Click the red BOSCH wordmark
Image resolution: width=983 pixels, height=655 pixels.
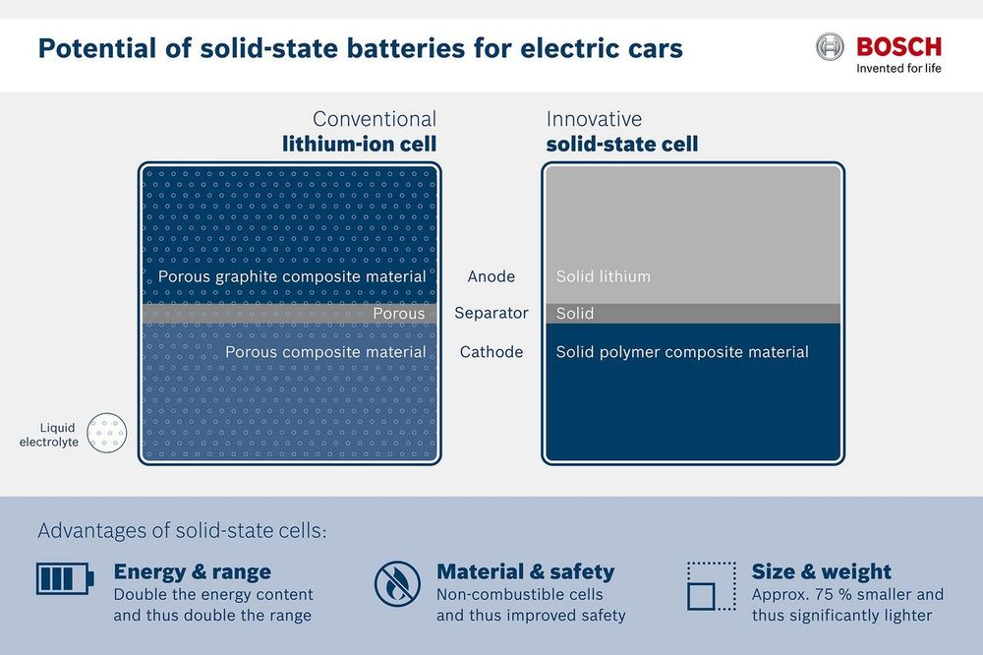click(x=898, y=47)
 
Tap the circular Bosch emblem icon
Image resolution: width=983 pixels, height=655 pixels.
click(x=830, y=47)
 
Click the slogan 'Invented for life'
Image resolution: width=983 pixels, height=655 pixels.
click(x=898, y=69)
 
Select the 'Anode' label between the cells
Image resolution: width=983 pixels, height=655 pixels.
click(x=491, y=276)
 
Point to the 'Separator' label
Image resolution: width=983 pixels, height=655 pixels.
click(x=491, y=313)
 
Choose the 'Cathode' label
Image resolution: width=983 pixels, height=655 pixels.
click(x=491, y=352)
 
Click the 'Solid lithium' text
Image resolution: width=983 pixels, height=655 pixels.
click(x=604, y=276)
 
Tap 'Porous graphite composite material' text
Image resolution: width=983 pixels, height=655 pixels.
click(x=292, y=276)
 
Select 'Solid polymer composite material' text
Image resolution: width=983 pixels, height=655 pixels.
click(x=682, y=352)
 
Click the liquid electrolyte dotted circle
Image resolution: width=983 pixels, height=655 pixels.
click(x=106, y=433)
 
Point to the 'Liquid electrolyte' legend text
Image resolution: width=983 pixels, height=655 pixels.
click(x=48, y=435)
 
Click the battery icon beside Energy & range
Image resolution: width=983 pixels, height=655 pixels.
click(x=65, y=578)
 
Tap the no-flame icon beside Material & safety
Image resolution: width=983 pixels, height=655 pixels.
click(x=397, y=583)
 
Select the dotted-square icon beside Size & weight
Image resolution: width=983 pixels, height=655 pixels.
click(x=712, y=586)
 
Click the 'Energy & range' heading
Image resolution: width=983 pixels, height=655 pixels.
click(x=193, y=571)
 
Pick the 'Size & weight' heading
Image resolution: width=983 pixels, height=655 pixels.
click(x=821, y=571)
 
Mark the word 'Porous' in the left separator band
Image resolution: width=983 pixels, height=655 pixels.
click(x=399, y=313)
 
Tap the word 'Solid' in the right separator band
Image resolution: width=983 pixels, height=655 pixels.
click(x=575, y=313)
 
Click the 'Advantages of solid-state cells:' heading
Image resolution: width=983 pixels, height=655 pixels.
click(x=183, y=531)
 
